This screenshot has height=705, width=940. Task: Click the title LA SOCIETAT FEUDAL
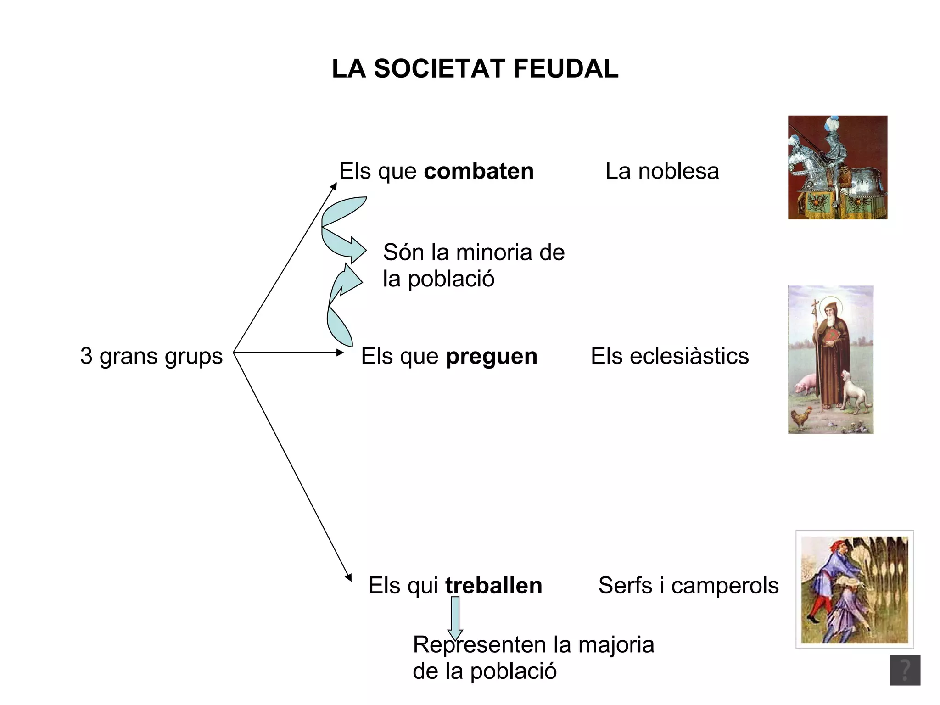(x=475, y=69)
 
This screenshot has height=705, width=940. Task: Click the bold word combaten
(x=479, y=171)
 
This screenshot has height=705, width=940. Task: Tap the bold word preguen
(x=492, y=356)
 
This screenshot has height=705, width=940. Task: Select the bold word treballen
(x=493, y=586)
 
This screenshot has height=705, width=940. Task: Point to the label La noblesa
(x=662, y=171)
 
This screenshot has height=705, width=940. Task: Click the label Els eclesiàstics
(x=670, y=356)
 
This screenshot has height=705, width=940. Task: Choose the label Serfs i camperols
(x=688, y=586)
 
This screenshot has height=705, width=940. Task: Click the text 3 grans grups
(x=151, y=356)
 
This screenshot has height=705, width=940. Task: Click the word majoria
(x=616, y=644)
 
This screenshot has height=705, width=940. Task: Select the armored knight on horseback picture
(x=837, y=168)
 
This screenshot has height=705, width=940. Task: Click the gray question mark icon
(x=905, y=670)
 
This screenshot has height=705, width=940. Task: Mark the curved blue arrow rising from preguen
(x=342, y=305)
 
